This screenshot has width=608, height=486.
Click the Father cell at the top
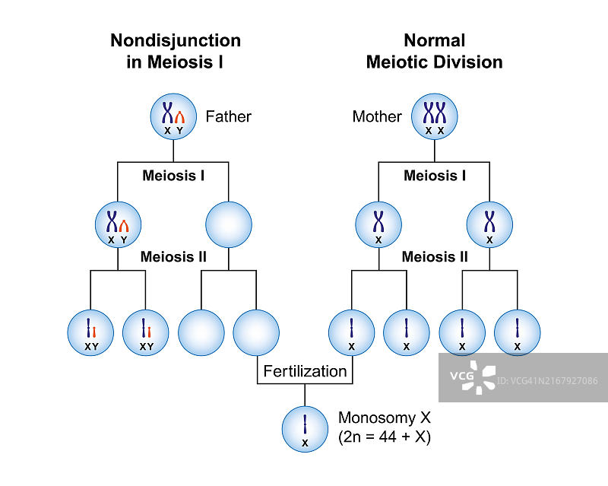[x=173, y=116]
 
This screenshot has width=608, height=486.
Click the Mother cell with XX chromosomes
[x=434, y=116]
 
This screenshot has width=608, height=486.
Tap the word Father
[x=228, y=116]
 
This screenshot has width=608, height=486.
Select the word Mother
[x=377, y=116]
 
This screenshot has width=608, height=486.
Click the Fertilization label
[x=305, y=371]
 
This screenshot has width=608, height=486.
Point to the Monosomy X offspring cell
[x=305, y=428]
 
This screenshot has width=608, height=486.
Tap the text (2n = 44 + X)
[x=385, y=437]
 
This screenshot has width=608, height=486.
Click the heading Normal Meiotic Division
[x=434, y=51]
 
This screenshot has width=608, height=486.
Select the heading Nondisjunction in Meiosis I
[x=176, y=51]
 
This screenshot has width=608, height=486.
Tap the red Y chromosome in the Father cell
[x=179, y=117]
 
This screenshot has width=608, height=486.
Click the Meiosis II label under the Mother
[x=435, y=257]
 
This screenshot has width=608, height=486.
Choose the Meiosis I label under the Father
[x=173, y=176]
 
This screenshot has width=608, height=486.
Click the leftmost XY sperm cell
[x=90, y=332]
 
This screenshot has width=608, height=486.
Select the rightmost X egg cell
[x=517, y=332]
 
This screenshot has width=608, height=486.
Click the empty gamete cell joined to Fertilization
[x=256, y=332]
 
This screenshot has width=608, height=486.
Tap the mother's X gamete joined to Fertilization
[x=351, y=332]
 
